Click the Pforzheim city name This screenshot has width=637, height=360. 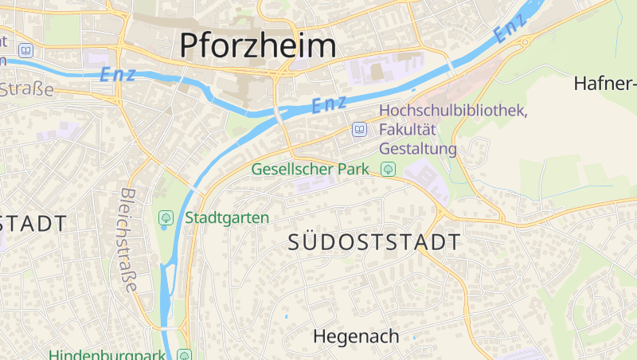(258, 45)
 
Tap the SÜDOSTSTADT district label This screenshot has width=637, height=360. (374, 242)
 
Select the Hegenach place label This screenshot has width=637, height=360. (356, 336)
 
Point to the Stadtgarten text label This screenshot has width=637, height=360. (227, 217)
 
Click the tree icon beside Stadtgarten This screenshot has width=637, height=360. (166, 217)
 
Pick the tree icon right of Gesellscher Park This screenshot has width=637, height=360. (389, 169)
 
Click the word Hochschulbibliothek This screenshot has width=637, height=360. (453, 111)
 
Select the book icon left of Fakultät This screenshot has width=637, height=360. (360, 129)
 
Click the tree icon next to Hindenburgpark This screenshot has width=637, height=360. (185, 354)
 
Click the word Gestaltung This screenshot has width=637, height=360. (418, 148)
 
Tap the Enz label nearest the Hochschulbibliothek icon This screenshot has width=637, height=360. (330, 104)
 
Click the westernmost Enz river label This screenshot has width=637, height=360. (118, 74)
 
